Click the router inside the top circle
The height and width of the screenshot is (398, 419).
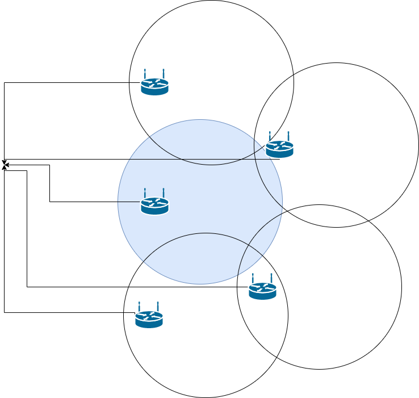154,86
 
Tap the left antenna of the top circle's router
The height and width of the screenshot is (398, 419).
145,74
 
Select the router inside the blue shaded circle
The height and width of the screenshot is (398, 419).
154,206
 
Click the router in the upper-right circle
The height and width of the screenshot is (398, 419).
279,149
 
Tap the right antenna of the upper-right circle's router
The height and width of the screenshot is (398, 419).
288,137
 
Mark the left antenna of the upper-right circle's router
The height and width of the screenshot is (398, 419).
270,137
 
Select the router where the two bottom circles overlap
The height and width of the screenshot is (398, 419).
262,291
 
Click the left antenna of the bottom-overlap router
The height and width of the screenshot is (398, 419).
253,279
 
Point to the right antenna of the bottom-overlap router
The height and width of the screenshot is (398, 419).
271,279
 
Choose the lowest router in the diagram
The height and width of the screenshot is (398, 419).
149,319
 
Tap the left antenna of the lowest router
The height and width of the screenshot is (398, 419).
140,307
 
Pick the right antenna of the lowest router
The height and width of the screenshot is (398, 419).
158,307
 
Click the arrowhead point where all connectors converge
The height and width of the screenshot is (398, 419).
5,162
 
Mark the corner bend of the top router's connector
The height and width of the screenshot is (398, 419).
5,82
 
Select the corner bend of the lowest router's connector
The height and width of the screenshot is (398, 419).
5,312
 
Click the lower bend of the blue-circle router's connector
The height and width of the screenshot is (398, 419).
50,202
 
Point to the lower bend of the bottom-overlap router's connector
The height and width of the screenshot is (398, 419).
27,287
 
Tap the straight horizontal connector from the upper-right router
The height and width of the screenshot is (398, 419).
142,159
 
